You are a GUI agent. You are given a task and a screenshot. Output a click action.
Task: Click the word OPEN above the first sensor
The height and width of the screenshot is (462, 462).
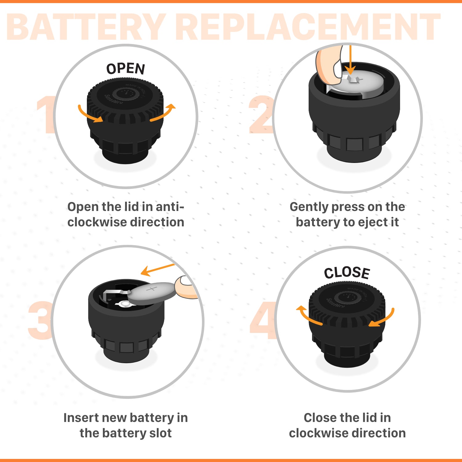[x=126, y=69]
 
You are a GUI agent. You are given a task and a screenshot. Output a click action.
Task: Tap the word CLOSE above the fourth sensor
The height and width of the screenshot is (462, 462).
[x=347, y=273]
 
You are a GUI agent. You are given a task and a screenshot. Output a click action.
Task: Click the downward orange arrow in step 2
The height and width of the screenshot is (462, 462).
[x=350, y=62]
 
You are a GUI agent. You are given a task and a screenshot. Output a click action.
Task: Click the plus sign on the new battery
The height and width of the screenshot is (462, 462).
[x=151, y=289]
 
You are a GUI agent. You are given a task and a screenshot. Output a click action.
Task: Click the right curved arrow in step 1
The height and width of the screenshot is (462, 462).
[x=163, y=113]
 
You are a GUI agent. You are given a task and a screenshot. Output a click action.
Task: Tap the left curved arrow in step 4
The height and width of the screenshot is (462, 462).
[x=308, y=316]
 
